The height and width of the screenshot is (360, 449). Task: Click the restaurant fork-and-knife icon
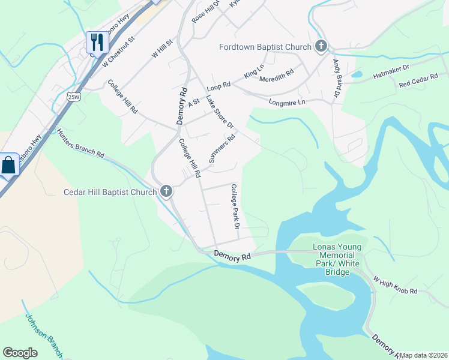pyautogui.click(x=97, y=42)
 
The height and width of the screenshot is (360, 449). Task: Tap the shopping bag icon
pyautogui.click(x=9, y=164)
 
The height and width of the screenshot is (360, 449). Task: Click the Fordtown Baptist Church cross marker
pyautogui.click(x=321, y=47)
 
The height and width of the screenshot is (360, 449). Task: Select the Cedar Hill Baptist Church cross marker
pyautogui.click(x=166, y=193)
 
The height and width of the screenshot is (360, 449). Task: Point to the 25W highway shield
pyautogui.click(x=73, y=97)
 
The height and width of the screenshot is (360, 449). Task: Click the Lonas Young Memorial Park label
pyautogui.click(x=337, y=260)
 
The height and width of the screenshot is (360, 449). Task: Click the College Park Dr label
pyautogui.click(x=235, y=207)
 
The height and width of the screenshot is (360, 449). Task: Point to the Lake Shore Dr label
pyautogui.click(x=219, y=112)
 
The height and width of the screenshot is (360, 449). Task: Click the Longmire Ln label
pyautogui.click(x=287, y=102)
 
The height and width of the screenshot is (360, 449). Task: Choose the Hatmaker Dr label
pyautogui.click(x=391, y=73)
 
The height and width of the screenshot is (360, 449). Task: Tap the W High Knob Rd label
pyautogui.click(x=394, y=285)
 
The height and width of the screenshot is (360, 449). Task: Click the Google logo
pyautogui.click(x=20, y=353)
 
